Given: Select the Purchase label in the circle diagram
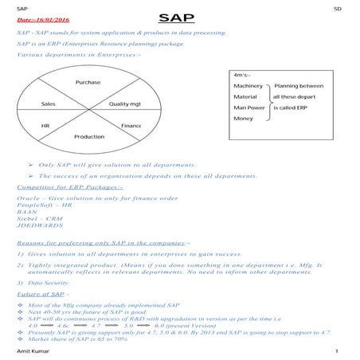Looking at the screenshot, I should (x=88, y=84).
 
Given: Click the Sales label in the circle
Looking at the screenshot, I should (x=48, y=104).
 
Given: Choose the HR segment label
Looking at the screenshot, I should (x=45, y=125).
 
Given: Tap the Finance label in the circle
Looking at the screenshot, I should (x=131, y=126).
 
